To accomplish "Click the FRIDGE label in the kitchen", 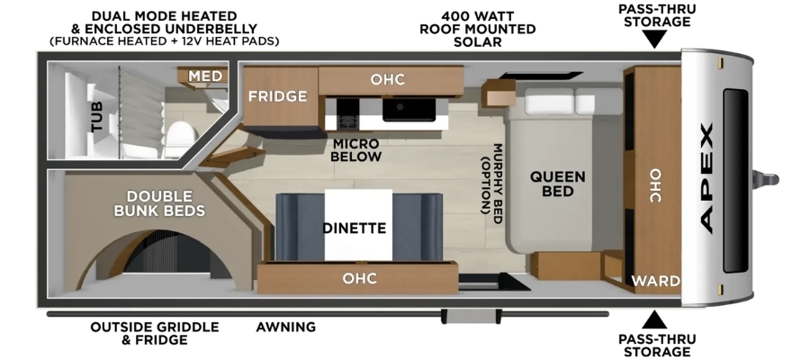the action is [x=277, y=96].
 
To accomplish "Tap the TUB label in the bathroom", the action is [x=96, y=117].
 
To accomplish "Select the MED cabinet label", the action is [x=205, y=76].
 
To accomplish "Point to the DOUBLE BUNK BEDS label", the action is [x=159, y=203].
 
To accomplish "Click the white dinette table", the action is [x=358, y=225].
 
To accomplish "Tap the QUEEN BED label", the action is [x=557, y=184].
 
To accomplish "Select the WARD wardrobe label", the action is [x=655, y=282].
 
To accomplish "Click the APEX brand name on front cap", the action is [x=706, y=177].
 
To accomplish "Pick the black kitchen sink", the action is [x=409, y=110].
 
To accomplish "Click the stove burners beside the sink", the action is [x=347, y=114].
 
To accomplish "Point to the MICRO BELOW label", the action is [x=355, y=149].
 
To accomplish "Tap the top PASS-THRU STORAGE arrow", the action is [x=654, y=40].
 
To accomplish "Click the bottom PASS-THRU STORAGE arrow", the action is [x=654, y=319].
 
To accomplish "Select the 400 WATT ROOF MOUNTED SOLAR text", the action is [x=477, y=29].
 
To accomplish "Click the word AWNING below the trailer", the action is [x=285, y=327].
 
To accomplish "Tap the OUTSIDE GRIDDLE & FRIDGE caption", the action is [x=155, y=334].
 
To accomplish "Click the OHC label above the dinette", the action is [x=359, y=279].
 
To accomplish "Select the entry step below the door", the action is [x=471, y=316].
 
